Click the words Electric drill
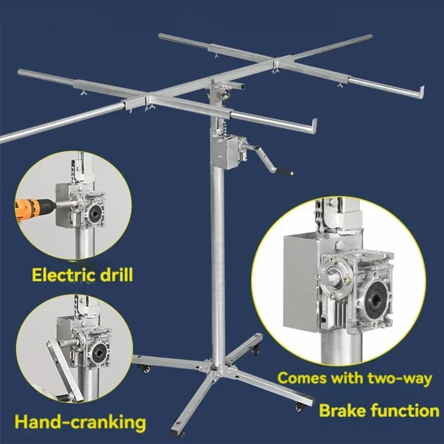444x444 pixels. pyautogui.click(x=82, y=275)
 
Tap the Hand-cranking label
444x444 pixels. pyautogui.click(x=80, y=422)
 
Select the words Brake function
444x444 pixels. pyautogui.click(x=379, y=411)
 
